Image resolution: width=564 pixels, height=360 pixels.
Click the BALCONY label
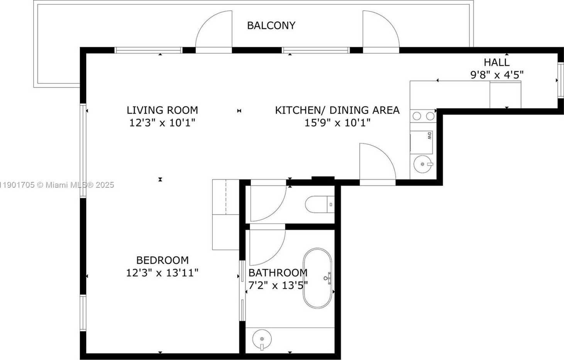click(x=271, y=25)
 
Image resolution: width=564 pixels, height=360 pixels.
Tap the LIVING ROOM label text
click(x=162, y=110)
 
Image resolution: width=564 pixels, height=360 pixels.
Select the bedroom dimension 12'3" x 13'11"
click(x=162, y=273)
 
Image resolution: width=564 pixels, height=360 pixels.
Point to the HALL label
click(x=496, y=62)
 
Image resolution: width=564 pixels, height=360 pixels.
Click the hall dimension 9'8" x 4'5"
click(x=496, y=75)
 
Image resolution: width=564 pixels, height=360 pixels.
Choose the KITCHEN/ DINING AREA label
click(x=337, y=110)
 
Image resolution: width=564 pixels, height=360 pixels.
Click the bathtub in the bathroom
click(x=317, y=278)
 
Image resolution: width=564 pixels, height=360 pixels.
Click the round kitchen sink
click(x=423, y=164)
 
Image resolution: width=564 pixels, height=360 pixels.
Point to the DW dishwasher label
click(x=429, y=136)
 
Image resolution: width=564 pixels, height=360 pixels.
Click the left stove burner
click(x=417, y=115)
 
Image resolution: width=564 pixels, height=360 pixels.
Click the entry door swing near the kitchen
click(x=375, y=162)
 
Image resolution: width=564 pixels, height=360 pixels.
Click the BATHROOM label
click(x=278, y=273)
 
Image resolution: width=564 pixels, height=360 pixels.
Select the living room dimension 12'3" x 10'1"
click(x=162, y=123)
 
